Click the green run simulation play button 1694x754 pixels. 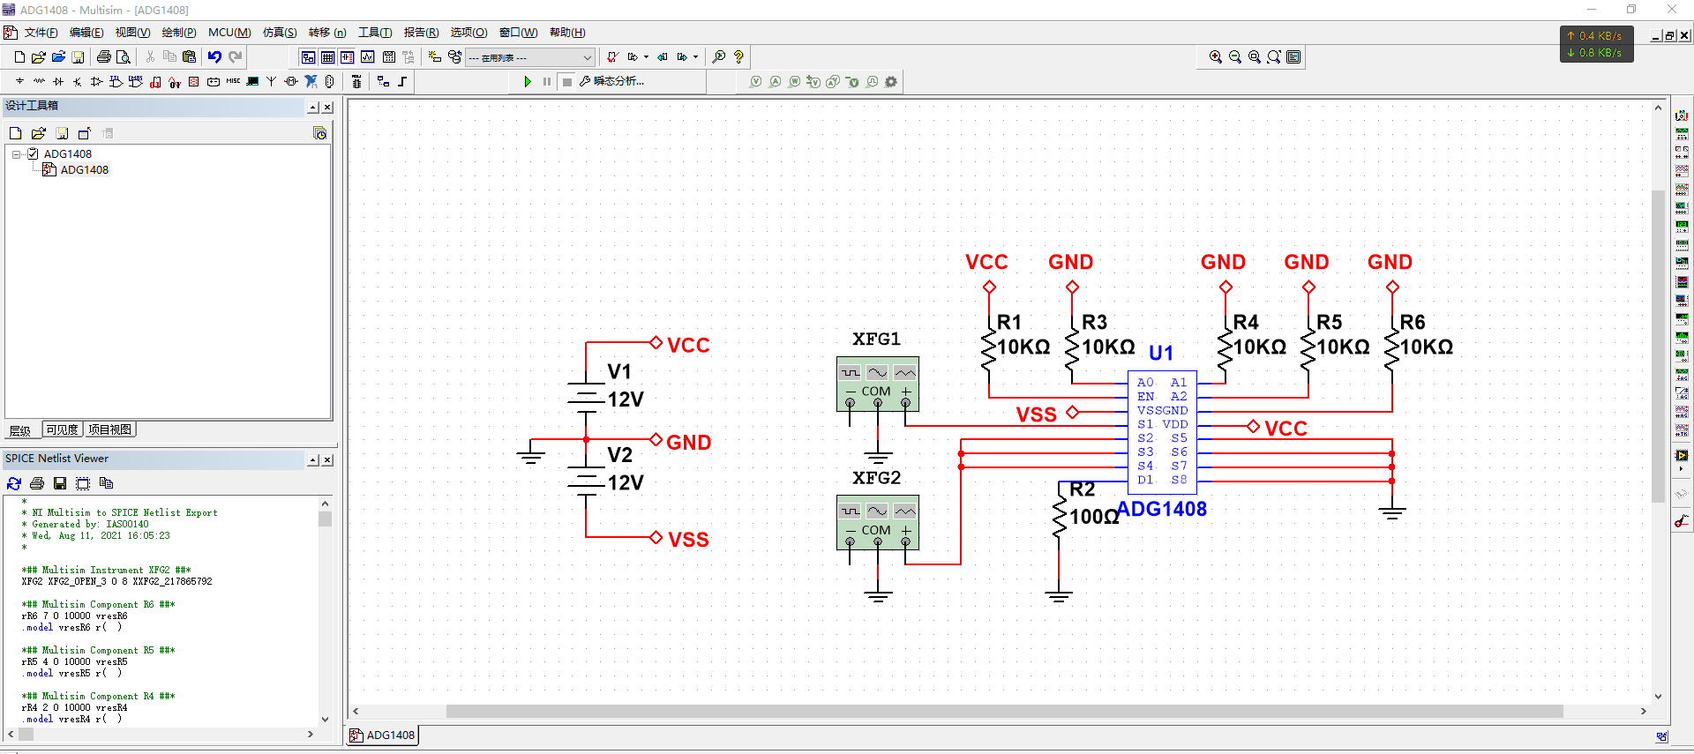[528, 82]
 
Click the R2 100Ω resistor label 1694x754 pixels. [1092, 516]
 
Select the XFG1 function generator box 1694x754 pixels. [877, 384]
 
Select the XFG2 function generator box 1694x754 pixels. [877, 522]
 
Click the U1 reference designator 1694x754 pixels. [1160, 353]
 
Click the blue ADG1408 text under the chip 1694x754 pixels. [1162, 509]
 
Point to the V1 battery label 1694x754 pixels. [619, 371]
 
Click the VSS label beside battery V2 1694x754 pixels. [688, 539]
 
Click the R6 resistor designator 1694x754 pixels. [1412, 322]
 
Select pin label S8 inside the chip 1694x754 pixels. [1179, 480]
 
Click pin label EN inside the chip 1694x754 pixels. [1145, 397]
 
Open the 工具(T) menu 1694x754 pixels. [375, 33]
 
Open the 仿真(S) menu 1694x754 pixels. [280, 33]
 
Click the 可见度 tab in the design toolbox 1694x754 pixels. [63, 429]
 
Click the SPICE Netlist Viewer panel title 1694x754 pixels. [57, 459]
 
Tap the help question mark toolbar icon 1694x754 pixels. [738, 57]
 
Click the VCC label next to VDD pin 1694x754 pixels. [1285, 429]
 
